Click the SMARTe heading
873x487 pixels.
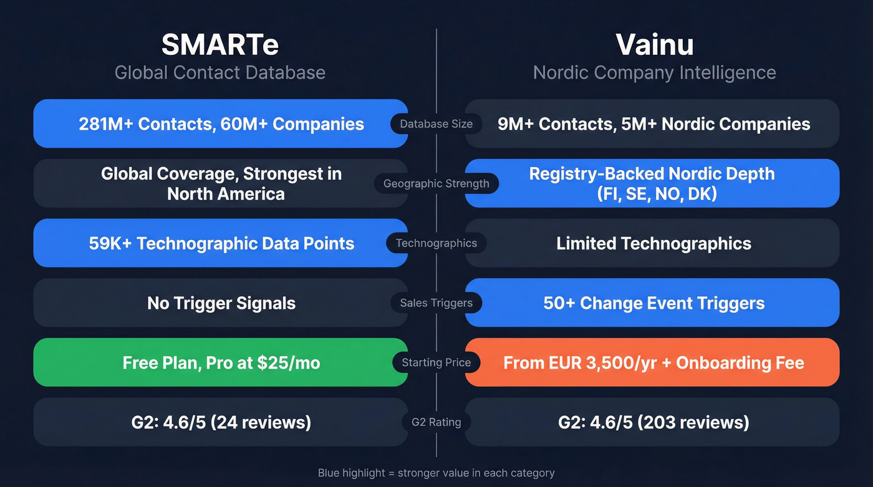(220, 45)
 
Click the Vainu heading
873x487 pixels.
(654, 45)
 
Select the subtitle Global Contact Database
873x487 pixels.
(220, 72)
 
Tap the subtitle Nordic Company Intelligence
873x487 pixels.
(654, 72)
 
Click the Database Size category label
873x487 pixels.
(436, 124)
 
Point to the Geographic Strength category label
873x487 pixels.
(436, 183)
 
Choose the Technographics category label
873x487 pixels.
(436, 243)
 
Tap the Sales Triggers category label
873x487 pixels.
(436, 303)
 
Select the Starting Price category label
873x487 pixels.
(436, 362)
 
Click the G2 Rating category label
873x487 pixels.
(436, 422)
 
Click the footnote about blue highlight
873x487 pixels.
(436, 473)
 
